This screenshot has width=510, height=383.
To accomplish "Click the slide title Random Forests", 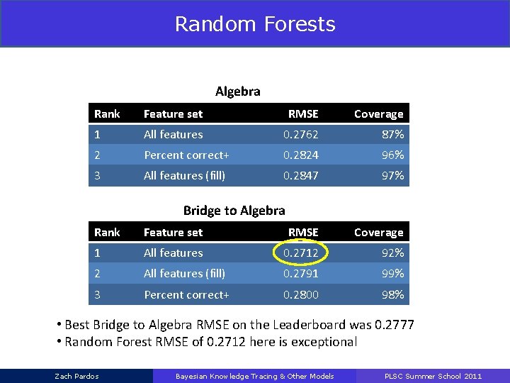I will pos(255,24).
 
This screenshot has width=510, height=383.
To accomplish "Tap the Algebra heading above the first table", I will pos(238,91).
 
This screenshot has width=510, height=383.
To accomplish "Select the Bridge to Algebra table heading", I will pos(234,210).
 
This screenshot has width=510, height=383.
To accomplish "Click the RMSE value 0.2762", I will pos(301,134).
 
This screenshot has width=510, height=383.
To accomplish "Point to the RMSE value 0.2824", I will pos(301,155).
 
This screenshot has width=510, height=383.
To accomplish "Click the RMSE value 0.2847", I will pos(301,175).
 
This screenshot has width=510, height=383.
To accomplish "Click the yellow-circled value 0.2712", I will pos(301,252).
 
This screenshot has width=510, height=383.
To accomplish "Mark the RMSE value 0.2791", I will pos(301,273).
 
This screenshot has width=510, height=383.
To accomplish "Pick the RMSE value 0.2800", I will pos(301,294).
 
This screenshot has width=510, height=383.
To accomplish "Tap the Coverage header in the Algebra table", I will pos(378,114).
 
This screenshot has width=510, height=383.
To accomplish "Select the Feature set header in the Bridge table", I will pos(173,233).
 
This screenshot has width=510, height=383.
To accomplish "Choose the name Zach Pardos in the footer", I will pos(77,376).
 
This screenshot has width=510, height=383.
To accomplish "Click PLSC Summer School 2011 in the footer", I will pos(433,376).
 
